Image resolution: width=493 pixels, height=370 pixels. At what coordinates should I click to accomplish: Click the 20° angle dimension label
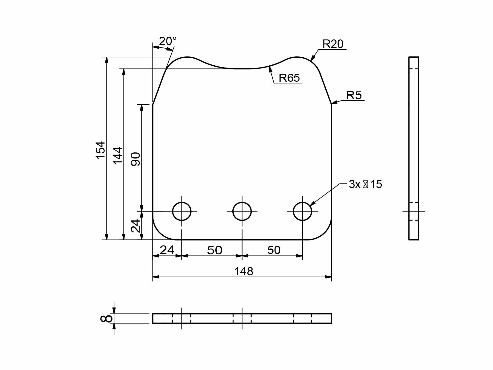[168, 41]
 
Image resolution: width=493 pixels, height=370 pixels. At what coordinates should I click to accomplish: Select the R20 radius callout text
[333, 44]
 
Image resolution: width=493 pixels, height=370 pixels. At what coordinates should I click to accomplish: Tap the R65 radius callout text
[289, 78]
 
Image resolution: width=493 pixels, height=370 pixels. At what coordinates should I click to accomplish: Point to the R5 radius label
[354, 95]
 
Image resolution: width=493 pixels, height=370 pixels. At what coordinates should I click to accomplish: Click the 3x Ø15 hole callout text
[365, 184]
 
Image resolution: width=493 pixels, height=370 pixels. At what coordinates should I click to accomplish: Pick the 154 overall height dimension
[101, 150]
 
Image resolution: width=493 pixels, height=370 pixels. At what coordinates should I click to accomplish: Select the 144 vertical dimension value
[118, 156]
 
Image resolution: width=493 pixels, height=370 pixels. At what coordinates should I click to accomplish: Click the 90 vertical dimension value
[136, 159]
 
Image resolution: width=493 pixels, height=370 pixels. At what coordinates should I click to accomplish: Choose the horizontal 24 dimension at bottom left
[167, 250]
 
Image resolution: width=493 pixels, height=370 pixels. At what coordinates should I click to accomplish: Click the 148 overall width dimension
[243, 271]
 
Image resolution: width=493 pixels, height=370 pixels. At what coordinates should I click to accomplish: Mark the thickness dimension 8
[107, 319]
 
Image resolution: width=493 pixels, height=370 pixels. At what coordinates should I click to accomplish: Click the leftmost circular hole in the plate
[182, 211]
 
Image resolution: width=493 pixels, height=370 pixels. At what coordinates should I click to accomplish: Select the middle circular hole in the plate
[242, 211]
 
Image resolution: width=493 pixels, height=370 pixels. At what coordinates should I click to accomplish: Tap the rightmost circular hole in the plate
[303, 211]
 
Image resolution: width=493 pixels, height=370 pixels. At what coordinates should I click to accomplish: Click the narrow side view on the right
[414, 148]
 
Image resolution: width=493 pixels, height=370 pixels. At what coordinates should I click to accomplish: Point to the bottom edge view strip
[242, 319]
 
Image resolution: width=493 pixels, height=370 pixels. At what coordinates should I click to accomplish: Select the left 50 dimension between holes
[214, 250]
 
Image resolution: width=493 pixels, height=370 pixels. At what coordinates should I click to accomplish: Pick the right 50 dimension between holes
[274, 250]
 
